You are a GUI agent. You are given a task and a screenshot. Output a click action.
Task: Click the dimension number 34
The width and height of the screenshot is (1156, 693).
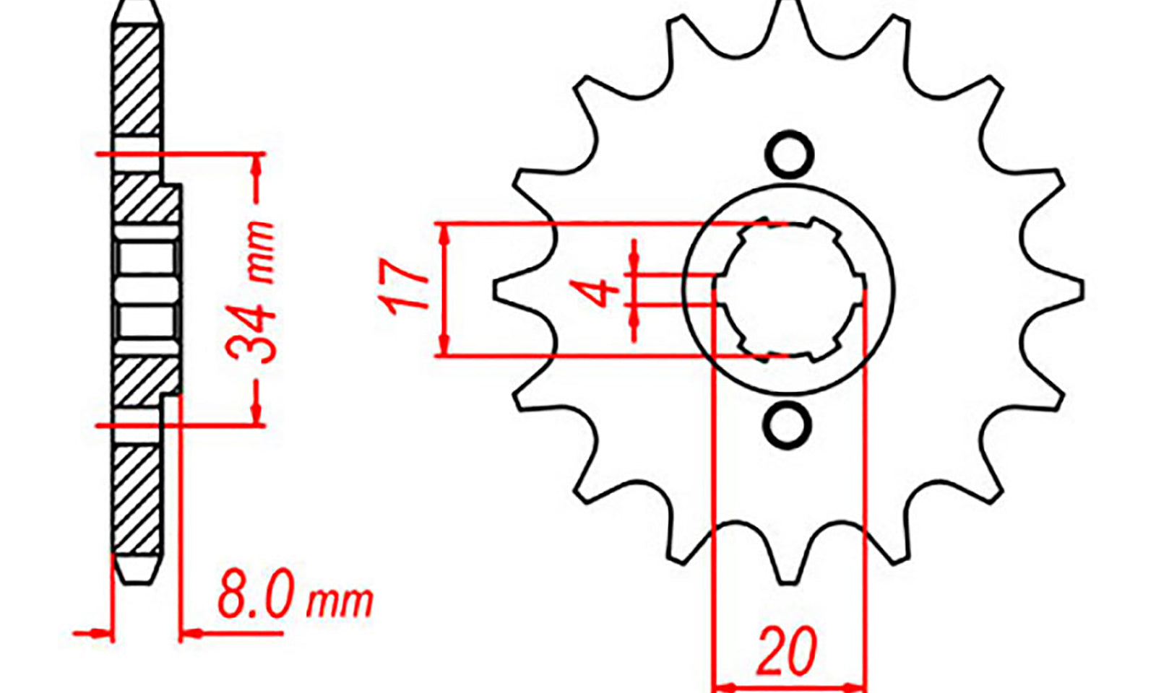coord(252,335)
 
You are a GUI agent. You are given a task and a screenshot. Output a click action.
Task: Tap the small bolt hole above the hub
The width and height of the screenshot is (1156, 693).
coord(789,154)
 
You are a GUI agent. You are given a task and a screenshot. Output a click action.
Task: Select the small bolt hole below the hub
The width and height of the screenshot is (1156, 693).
coord(787,425)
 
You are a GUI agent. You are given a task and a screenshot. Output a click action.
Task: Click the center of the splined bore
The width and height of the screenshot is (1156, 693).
coord(790,289)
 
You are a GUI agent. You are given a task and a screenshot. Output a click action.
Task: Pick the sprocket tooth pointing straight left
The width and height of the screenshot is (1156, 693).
coord(521,289)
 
